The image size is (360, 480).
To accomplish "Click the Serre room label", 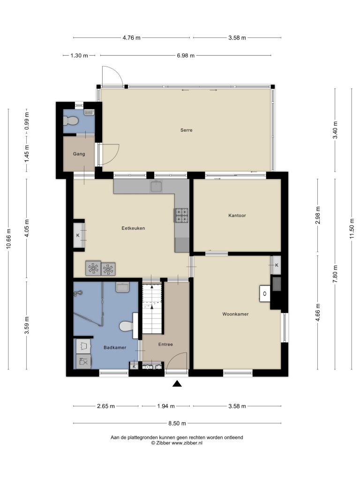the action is [x=187, y=130].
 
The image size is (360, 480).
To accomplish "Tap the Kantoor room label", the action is [x=237, y=216].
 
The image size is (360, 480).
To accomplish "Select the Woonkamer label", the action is [x=235, y=314].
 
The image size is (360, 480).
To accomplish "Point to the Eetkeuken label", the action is [x=133, y=228].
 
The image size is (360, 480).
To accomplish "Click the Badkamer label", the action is [x=115, y=347].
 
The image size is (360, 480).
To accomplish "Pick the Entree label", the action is [x=165, y=345].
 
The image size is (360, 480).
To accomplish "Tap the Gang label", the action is [x=79, y=154].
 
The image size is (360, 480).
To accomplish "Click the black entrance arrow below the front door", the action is [x=177, y=383].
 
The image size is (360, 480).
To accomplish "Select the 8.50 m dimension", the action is [x=177, y=423].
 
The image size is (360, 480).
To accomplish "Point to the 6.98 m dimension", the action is [x=186, y=55].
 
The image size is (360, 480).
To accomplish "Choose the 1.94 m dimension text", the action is [x=166, y=406].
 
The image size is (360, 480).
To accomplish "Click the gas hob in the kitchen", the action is [x=181, y=215].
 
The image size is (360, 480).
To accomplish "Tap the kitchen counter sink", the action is [x=157, y=186].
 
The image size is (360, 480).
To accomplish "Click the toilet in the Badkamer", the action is [x=126, y=326].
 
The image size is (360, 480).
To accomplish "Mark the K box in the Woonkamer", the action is [x=277, y=265].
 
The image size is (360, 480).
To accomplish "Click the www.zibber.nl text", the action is [x=187, y=442].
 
